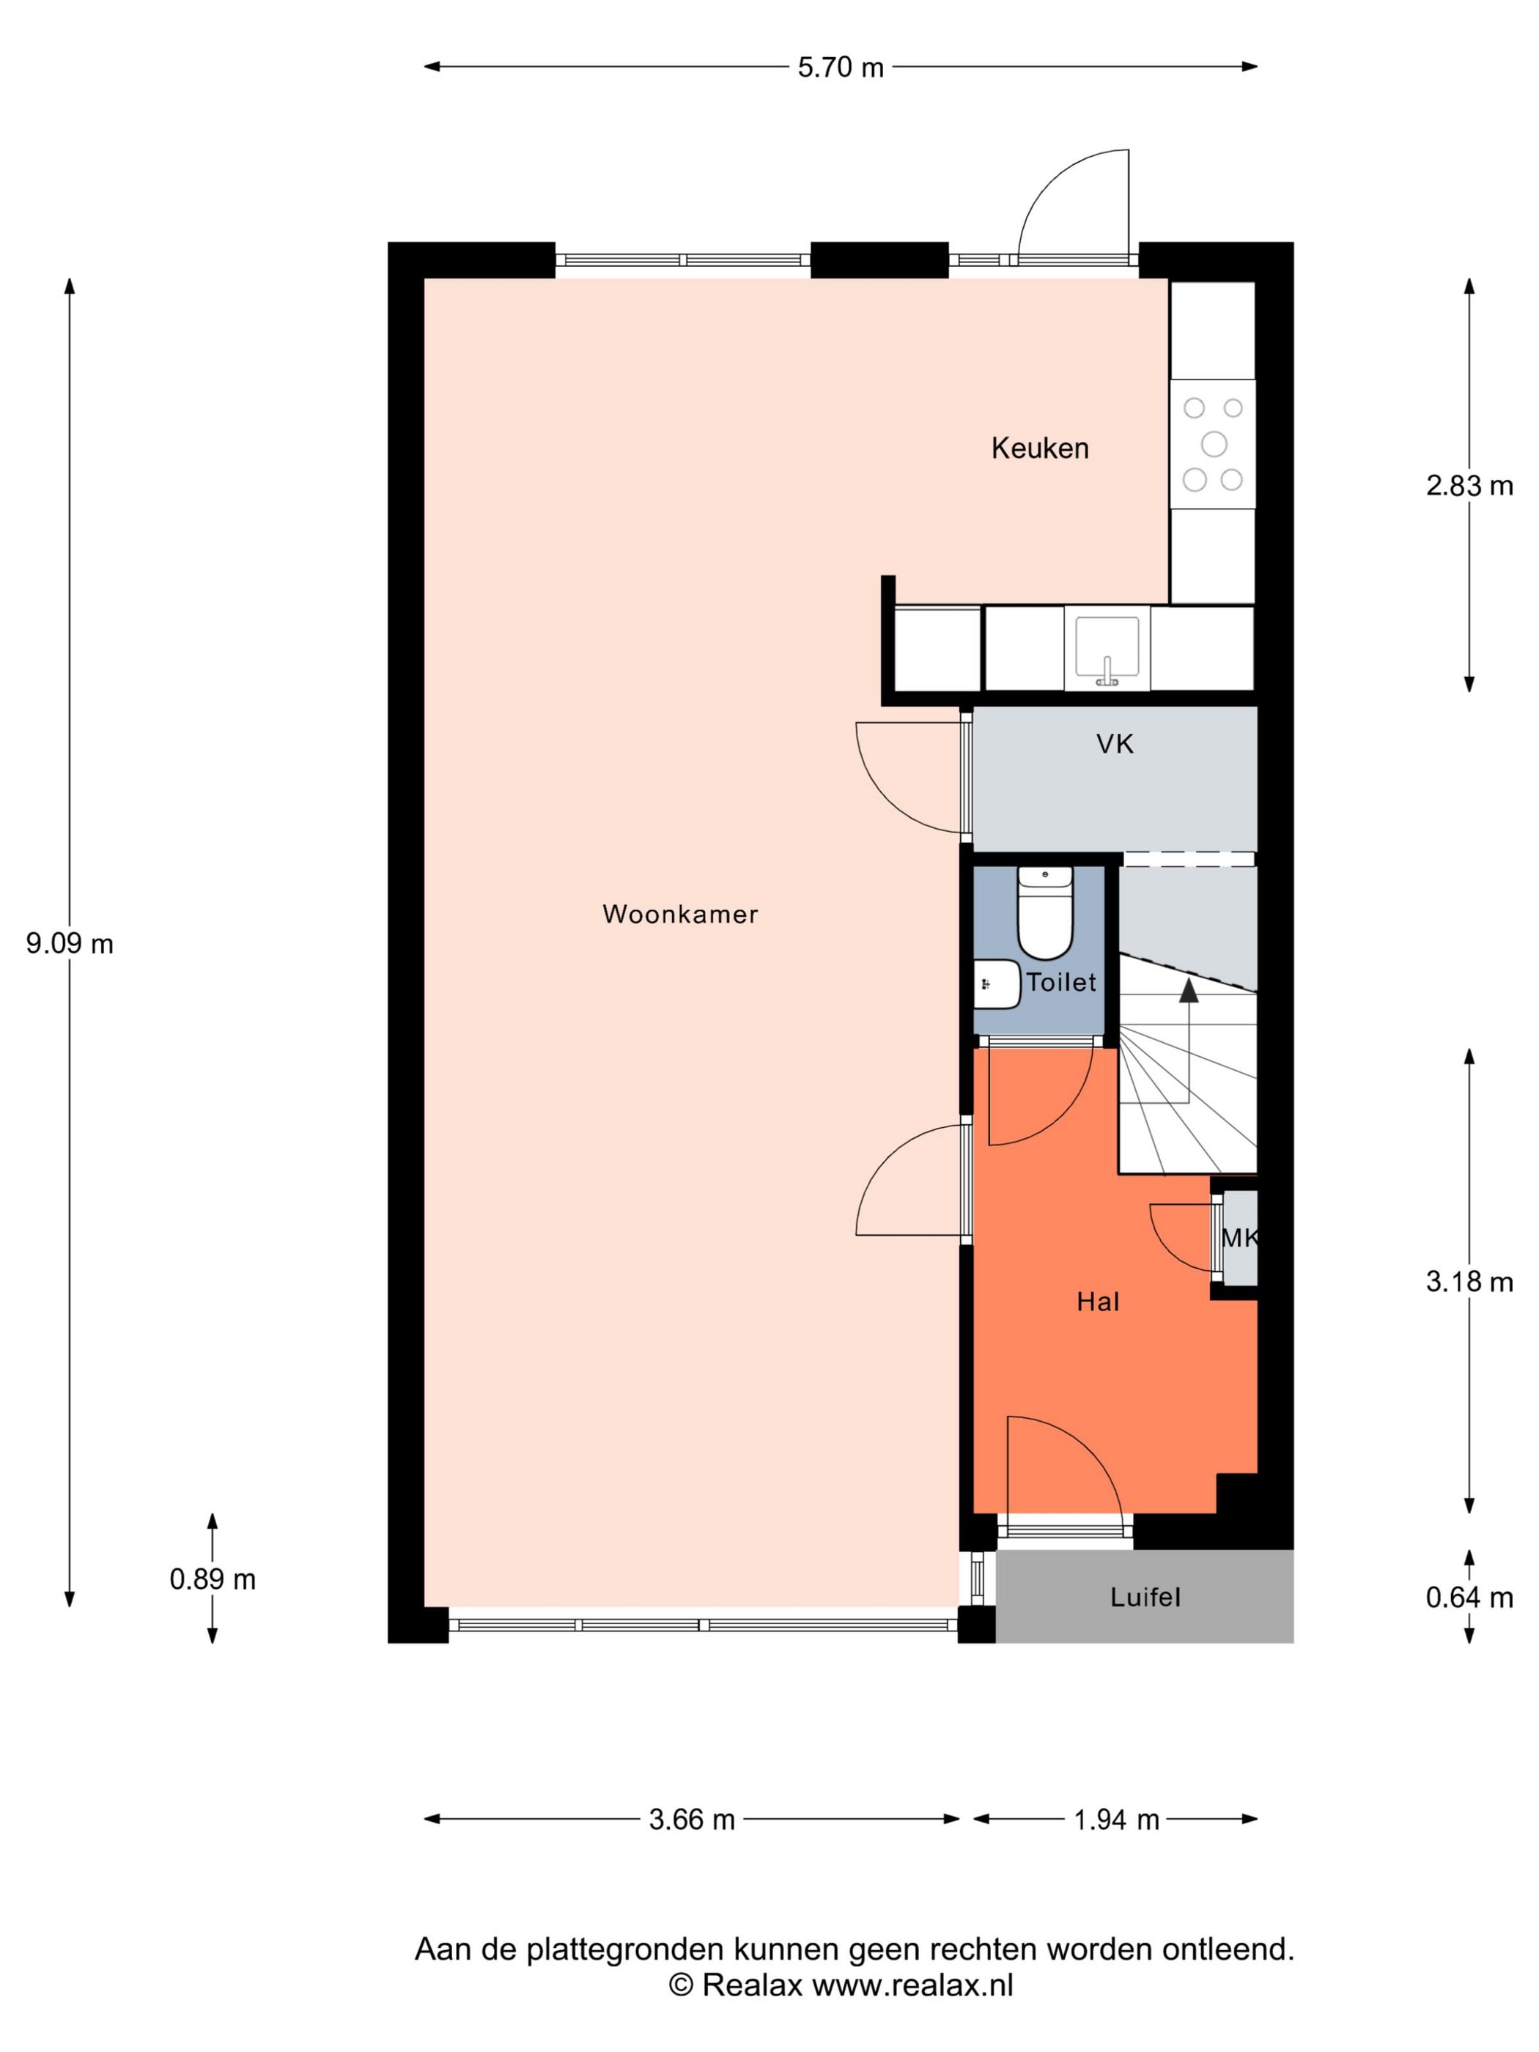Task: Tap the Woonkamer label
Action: point(680,914)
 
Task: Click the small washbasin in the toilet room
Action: point(996,984)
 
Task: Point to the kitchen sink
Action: point(1107,649)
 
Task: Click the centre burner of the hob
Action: point(1214,444)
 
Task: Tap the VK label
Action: point(1114,744)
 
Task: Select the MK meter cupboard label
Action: point(1239,1238)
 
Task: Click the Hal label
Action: point(1097,1302)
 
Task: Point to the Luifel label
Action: point(1145,1596)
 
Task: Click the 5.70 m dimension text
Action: point(841,67)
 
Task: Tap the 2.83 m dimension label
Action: point(1469,485)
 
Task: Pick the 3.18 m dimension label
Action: point(1469,1282)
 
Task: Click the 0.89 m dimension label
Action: point(213,1579)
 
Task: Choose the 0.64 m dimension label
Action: point(1469,1598)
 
